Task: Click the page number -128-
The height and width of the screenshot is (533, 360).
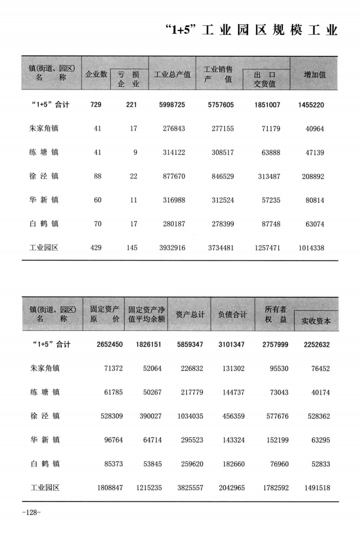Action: click(31, 512)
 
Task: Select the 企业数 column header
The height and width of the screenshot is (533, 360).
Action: click(96, 74)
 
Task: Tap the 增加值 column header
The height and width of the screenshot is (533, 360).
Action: click(314, 74)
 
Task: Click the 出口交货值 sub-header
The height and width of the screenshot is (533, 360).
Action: click(264, 79)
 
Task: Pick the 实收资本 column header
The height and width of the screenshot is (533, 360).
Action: click(316, 320)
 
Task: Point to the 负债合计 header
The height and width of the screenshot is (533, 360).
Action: click(232, 315)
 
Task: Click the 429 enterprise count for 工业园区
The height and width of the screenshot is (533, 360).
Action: click(97, 248)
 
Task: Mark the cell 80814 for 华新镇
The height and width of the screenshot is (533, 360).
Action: click(314, 200)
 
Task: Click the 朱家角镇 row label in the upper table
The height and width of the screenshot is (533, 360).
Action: click(44, 128)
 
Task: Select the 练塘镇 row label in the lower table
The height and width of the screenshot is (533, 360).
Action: click(45, 392)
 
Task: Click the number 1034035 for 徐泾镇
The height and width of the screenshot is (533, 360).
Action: click(190, 416)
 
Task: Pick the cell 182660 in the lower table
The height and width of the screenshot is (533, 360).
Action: click(233, 464)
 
